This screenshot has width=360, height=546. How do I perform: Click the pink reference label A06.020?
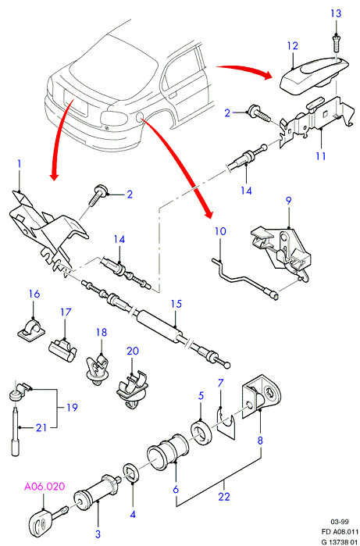click(45, 486)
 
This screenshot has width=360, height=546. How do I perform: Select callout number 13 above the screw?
click(336, 14)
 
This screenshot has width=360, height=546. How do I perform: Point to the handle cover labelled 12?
click(315, 77)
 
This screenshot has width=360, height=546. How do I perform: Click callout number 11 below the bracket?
click(321, 155)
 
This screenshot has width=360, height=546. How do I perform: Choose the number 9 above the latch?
click(289, 201)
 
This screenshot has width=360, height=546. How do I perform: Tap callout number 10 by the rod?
click(220, 231)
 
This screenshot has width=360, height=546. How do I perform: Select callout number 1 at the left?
click(20, 164)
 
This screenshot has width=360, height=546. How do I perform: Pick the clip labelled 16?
click(31, 328)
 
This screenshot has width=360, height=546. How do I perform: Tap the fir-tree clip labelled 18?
click(98, 369)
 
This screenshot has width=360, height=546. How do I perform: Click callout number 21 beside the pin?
click(41, 427)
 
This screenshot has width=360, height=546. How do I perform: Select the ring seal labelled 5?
click(201, 434)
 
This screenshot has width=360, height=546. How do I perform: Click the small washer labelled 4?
click(131, 473)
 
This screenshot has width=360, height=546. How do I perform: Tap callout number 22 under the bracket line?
click(224, 496)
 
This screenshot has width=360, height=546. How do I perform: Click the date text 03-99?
click(340, 521)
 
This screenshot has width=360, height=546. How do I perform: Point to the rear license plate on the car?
click(76, 101)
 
